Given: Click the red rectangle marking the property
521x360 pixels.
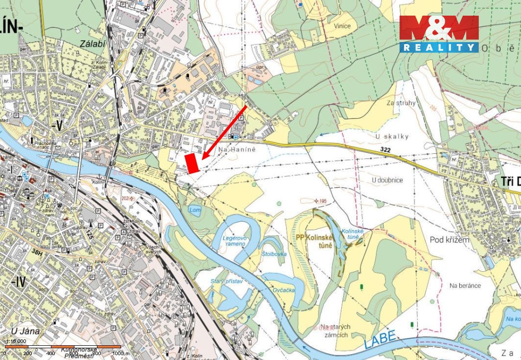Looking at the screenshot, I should tap(192, 163).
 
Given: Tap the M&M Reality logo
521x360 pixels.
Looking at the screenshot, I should tap(439, 34).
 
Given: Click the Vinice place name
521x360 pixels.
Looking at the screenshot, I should tap(342, 26).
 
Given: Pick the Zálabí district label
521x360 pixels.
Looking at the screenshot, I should tap(92, 44).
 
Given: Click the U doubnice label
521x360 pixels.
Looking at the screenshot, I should tap(387, 180).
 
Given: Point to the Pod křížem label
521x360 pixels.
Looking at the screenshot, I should tap(450, 240).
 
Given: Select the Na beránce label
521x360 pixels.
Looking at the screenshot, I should tap(465, 286).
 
